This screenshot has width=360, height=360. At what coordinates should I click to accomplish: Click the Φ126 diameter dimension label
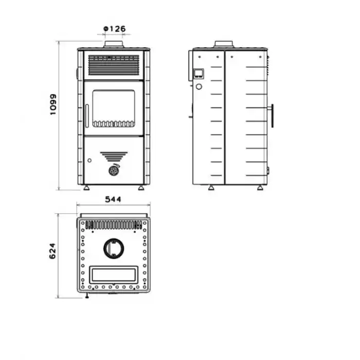[115, 29]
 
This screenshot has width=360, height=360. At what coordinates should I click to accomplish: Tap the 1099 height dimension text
[53, 104]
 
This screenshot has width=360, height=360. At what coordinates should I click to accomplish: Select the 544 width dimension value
[113, 200]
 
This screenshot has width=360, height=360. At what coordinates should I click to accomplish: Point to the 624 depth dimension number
[52, 251]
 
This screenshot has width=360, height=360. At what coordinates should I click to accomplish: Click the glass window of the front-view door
[114, 109]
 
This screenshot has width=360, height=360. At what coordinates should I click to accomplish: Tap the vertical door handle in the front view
[87, 116]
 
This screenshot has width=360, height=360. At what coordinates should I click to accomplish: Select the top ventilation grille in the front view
[114, 65]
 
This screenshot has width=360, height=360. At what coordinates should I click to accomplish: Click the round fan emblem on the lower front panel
[114, 171]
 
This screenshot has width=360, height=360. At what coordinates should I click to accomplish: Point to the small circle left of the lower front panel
[89, 160]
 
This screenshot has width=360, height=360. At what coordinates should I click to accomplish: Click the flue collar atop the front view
[114, 44]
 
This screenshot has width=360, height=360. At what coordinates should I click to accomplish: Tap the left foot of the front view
[86, 188]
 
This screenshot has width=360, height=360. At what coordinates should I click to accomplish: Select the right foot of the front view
[141, 188]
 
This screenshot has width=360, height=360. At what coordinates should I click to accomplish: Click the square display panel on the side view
[199, 74]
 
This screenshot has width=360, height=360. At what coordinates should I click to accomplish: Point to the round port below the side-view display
[199, 86]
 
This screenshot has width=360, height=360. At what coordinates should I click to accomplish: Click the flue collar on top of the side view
[224, 44]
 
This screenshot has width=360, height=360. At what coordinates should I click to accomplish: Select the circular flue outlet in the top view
[114, 248]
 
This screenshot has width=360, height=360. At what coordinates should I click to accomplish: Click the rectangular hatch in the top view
[114, 275]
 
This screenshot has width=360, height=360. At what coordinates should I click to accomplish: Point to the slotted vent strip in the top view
[114, 225]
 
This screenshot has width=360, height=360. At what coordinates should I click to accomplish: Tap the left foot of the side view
[211, 188]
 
